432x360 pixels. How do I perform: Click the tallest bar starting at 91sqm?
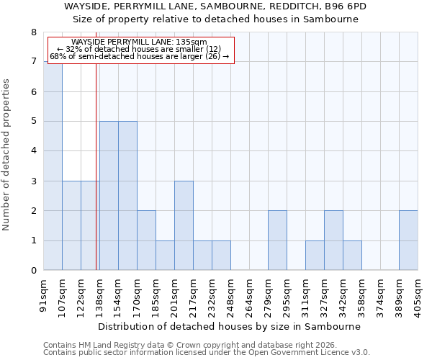click(x=53, y=166)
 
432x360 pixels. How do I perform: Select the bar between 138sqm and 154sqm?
click(x=109, y=195)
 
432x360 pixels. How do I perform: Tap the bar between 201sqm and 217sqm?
click(x=184, y=225)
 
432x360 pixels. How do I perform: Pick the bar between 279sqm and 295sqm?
click(x=277, y=240)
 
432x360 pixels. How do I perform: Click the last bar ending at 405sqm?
click(x=408, y=240)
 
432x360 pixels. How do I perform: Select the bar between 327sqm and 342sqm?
click(x=333, y=240)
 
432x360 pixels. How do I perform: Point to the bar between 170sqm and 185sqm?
click(x=146, y=240)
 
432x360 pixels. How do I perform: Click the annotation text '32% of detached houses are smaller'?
click(x=140, y=49)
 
